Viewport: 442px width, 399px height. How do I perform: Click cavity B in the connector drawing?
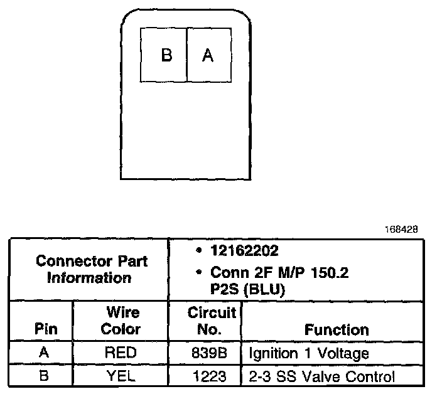click(x=165, y=55)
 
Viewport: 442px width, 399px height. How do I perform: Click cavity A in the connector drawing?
click(x=208, y=55)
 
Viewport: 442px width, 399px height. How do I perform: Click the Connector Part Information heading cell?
click(x=89, y=269)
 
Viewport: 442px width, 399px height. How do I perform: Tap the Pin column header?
click(x=43, y=329)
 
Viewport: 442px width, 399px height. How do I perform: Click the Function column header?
click(x=337, y=329)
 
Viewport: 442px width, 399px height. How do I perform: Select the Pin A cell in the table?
click(x=43, y=353)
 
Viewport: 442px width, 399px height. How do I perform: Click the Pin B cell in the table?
click(x=43, y=376)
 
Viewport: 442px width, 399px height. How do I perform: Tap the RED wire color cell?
click(x=121, y=353)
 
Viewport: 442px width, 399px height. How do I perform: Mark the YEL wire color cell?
click(x=121, y=376)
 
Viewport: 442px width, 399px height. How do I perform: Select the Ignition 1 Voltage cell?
click(x=309, y=353)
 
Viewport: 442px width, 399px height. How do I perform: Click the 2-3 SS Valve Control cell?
click(x=322, y=376)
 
